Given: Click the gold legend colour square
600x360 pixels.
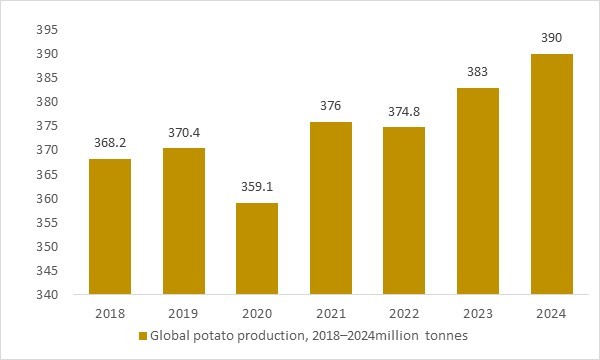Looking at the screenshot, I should pos(142,335).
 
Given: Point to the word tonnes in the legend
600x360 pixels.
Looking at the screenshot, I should pos(440,335).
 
